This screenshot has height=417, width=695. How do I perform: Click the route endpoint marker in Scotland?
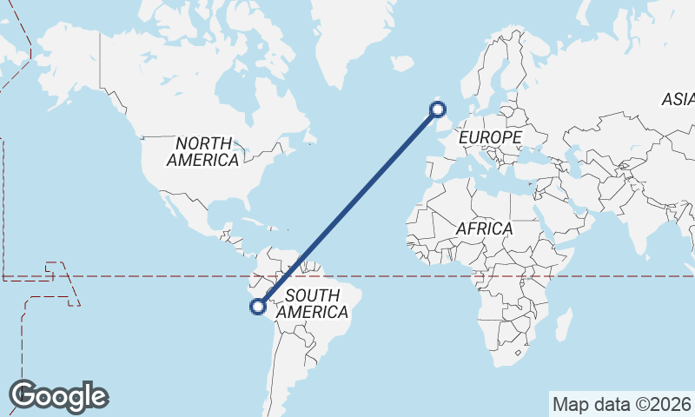[438, 109]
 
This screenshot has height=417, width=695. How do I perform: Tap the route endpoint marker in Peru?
[258, 306]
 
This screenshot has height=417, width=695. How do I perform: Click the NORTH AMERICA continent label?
[203, 151]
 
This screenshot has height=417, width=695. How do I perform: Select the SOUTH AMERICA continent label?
[316, 303]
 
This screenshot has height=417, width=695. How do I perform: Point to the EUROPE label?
[490, 137]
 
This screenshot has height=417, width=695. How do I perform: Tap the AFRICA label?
[484, 228]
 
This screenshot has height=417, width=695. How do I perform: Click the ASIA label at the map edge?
[678, 99]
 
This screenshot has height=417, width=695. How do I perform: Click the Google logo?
[59, 395]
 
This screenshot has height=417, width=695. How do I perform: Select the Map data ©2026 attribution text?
[622, 404]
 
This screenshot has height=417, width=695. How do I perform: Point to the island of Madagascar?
[563, 323]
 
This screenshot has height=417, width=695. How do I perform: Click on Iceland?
[400, 63]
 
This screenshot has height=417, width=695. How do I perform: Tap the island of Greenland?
[347, 35]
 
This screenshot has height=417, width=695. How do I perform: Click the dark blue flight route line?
[347, 208]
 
